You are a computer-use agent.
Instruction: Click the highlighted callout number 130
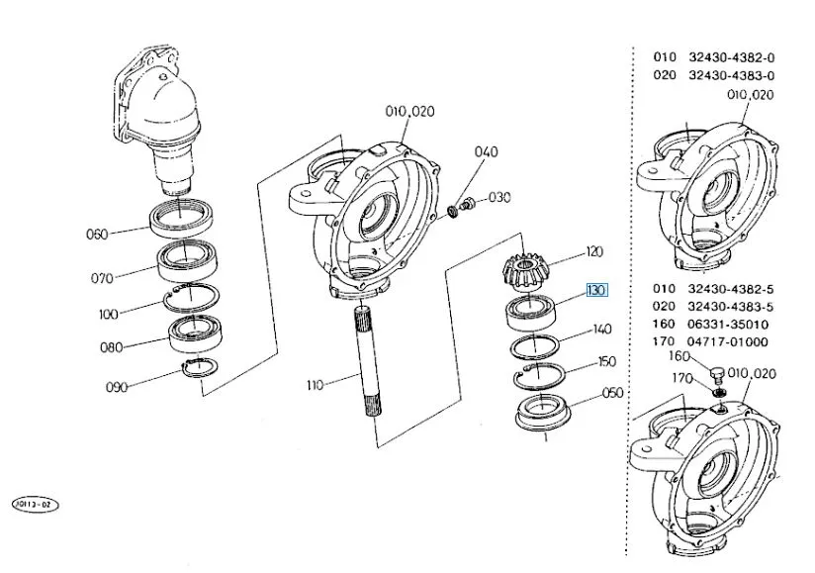[x=597, y=290]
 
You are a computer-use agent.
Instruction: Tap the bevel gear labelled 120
[x=526, y=270]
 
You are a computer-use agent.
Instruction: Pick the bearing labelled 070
[x=188, y=260]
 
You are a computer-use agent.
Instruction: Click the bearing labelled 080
[x=197, y=334]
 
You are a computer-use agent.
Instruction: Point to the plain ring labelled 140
[x=535, y=346]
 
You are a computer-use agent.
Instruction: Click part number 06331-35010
[x=728, y=325]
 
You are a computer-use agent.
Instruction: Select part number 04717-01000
[x=728, y=342]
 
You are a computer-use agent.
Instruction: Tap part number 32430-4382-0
[x=731, y=57]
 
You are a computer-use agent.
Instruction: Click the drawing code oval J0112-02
[x=35, y=505]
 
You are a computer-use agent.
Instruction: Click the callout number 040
[x=486, y=151]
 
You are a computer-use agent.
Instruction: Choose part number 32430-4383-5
[x=730, y=307]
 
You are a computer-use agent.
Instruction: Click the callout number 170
[x=681, y=378]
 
